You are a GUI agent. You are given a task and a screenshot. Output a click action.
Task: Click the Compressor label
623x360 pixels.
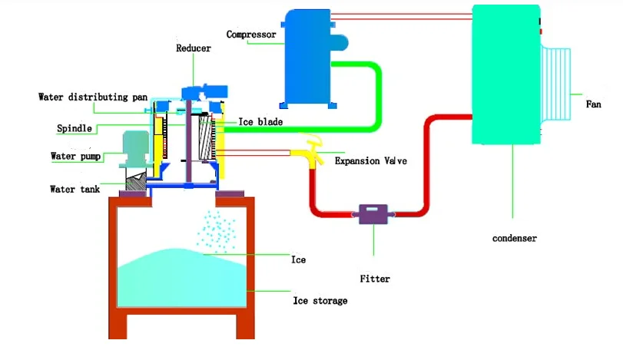[250, 34]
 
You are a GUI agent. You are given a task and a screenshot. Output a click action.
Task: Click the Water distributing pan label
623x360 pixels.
[93, 97]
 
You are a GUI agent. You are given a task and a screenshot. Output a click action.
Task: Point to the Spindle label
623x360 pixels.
[75, 127]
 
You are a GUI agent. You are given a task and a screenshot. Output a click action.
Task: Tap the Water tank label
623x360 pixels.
[75, 189]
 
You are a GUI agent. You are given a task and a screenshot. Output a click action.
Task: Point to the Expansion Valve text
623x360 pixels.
[370, 161]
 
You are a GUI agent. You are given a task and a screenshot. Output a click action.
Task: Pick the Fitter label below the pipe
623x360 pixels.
[375, 279]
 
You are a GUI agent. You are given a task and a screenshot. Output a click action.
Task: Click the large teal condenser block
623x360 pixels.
[507, 77]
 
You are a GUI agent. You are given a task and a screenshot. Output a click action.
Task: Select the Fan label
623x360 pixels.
[593, 104]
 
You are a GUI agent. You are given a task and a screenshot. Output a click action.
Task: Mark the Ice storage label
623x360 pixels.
[320, 300]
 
